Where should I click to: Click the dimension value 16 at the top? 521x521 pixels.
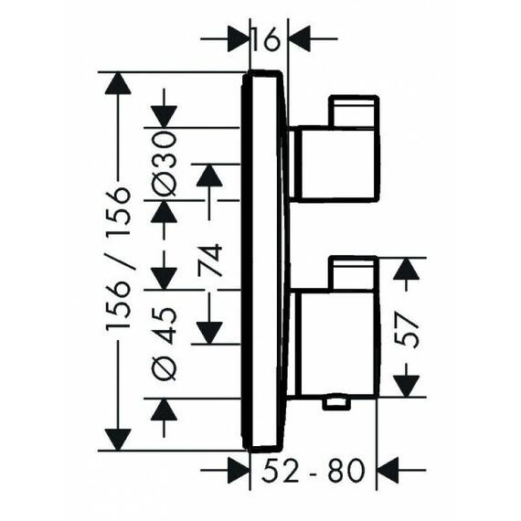pos(265,39)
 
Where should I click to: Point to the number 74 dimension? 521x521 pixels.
pos(209,260)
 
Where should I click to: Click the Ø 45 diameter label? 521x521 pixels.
pos(164,344)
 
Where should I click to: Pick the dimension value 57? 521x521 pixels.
pos(406,331)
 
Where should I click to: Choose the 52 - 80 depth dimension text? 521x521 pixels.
pos(314,471)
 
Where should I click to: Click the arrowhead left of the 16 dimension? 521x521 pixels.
pos(239,39)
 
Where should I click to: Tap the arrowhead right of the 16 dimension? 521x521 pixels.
pos(300,39)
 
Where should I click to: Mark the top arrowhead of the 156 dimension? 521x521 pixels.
pos(118,83)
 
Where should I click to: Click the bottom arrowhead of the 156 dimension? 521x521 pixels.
pos(118,440)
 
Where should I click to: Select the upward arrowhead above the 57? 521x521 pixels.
pos(406,269)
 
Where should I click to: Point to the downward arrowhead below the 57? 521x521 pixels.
pos(406,386)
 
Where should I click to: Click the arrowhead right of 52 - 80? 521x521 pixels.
pos(388,471)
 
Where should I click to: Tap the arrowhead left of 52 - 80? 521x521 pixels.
pos(239,471)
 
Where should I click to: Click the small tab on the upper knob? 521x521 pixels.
pos(354,111)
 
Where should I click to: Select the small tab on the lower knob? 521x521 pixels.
pos(353,273)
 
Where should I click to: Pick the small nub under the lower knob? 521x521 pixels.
pos(336,403)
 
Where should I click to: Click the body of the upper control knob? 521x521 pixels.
pos(335,164)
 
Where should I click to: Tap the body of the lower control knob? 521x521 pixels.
pos(335,344)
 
